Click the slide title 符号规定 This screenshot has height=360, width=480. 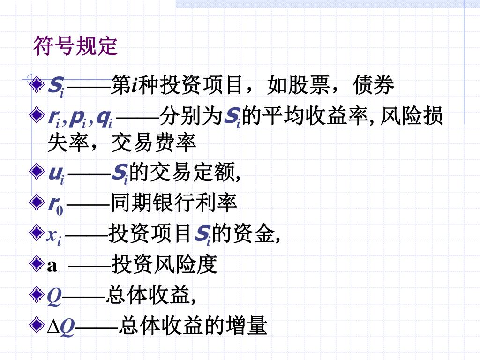click(75, 46)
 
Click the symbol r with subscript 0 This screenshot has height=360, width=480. click(56, 204)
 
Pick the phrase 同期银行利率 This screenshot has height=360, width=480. click(174, 203)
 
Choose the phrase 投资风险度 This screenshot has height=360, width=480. click(165, 265)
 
